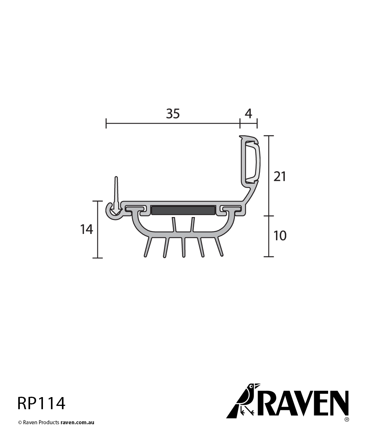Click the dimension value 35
(173, 114)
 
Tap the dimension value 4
(248, 114)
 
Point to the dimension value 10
(280, 236)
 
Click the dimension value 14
(87, 230)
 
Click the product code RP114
(41, 403)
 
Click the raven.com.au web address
(77, 422)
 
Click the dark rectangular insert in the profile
(183, 210)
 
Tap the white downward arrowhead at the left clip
(116, 211)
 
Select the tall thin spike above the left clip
(116, 191)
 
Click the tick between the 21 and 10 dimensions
(269, 216)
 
